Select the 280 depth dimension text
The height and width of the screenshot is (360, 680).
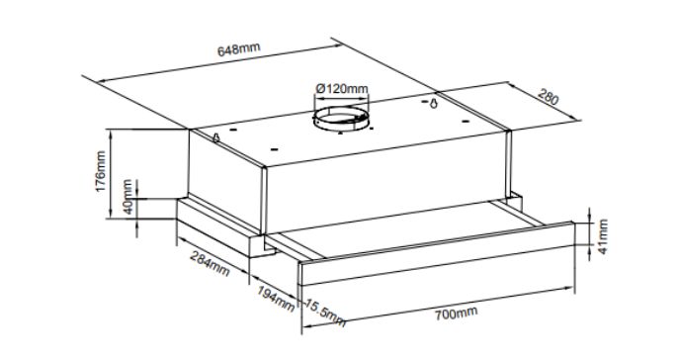(550, 99)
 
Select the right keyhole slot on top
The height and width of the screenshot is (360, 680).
(435, 103)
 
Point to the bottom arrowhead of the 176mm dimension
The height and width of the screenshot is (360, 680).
(115, 215)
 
